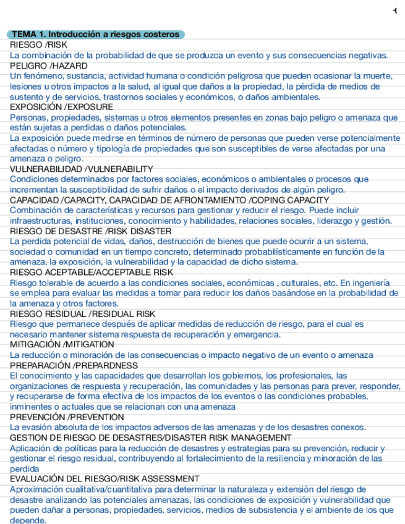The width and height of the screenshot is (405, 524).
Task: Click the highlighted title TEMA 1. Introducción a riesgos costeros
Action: tap(96, 35)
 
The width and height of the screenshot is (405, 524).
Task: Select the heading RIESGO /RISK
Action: tap(38, 45)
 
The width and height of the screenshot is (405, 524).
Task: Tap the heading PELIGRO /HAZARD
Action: tap(49, 65)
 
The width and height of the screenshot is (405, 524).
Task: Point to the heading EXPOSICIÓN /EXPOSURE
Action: tap(61, 107)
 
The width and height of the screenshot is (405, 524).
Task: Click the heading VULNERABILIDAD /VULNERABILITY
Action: tap(81, 169)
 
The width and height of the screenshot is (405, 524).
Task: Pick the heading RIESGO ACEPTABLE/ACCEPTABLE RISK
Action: tap(92, 273)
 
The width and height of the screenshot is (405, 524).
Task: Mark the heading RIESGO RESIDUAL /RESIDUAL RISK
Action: tap(82, 314)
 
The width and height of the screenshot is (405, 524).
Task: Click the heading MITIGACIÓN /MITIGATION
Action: tap(62, 345)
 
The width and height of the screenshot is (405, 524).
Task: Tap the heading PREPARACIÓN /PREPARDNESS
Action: tap(74, 366)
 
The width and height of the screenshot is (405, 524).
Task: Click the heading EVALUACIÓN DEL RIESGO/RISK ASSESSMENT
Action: tap(104, 479)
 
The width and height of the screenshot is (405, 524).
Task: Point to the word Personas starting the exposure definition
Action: tap(27, 117)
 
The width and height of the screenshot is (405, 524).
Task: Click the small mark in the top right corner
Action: tap(395, 11)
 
